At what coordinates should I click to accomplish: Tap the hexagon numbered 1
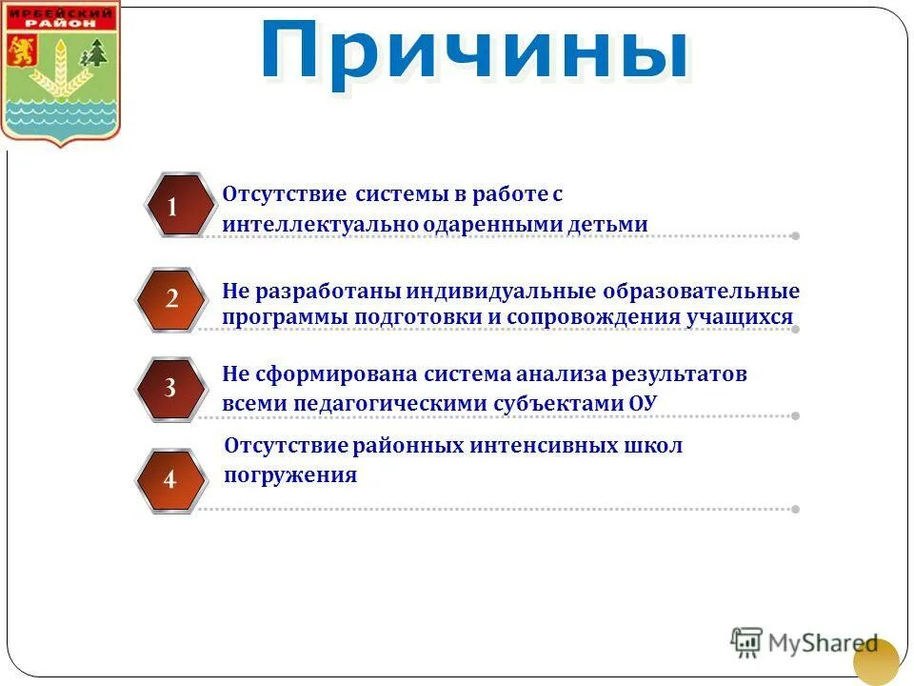pyautogui.click(x=172, y=206)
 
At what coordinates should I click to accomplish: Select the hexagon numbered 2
pyautogui.click(x=172, y=298)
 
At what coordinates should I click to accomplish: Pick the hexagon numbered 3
pyautogui.click(x=170, y=388)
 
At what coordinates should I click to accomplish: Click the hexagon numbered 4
pyautogui.click(x=170, y=479)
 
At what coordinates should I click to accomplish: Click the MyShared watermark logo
pyautogui.click(x=805, y=642)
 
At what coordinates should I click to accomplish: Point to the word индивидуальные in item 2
pyautogui.click(x=490, y=291)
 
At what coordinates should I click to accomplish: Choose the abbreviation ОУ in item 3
pyautogui.click(x=643, y=402)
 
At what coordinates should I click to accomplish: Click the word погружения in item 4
pyautogui.click(x=290, y=474)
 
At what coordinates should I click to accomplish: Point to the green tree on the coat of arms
pyautogui.click(x=94, y=55)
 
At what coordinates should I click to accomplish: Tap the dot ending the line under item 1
pyautogui.click(x=795, y=235)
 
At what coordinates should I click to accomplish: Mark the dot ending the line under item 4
pyautogui.click(x=795, y=509)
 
